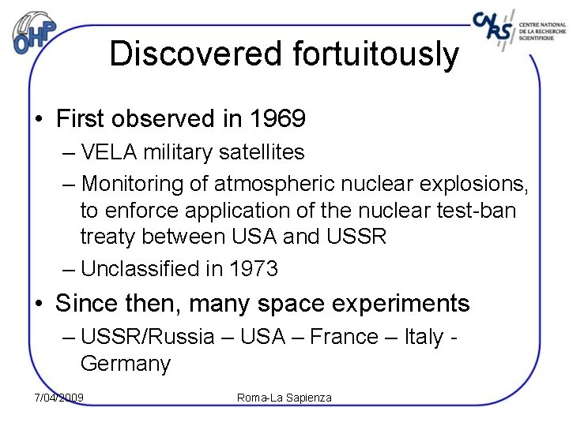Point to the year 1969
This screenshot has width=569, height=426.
click(277, 119)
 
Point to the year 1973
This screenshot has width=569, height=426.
click(254, 269)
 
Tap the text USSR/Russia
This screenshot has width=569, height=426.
click(148, 337)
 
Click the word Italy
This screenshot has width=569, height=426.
click(424, 337)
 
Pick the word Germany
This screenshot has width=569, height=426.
click(125, 364)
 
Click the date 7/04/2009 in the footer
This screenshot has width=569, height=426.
click(59, 397)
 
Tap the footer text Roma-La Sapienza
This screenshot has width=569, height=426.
click(284, 398)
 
